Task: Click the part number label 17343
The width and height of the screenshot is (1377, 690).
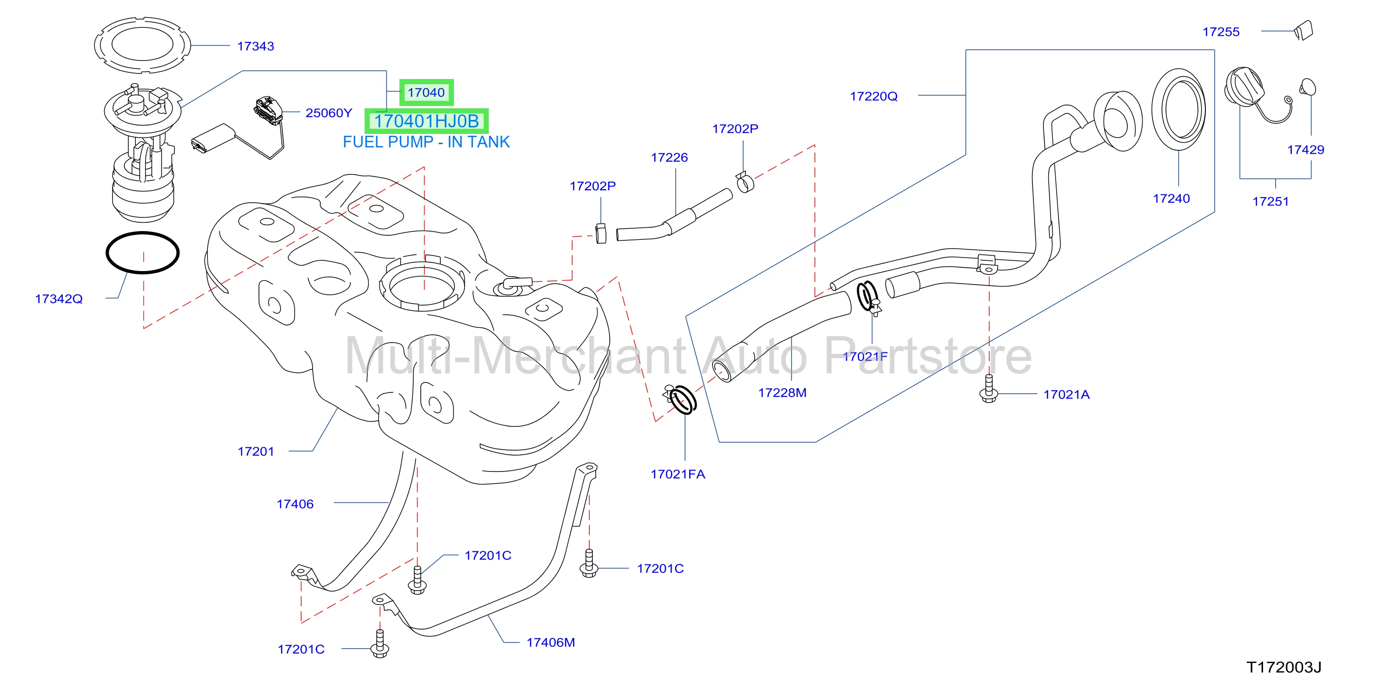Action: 255,46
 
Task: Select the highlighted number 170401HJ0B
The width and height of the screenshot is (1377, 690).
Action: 426,121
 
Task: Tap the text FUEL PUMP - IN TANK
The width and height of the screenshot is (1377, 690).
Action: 426,142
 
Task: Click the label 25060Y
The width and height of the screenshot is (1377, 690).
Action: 329,113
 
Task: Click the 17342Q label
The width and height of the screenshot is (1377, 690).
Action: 59,299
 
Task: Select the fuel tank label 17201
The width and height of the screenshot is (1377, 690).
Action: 255,451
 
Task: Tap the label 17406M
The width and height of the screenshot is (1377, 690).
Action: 551,643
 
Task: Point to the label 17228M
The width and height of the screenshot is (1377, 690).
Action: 782,393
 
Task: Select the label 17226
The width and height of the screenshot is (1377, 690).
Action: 669,158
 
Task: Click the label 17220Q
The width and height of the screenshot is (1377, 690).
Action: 873,96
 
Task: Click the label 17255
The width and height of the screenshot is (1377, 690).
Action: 1221,32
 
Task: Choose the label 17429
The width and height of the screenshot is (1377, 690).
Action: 1305,150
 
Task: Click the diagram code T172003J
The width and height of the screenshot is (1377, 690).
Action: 1284,668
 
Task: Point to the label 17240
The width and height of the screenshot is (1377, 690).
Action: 1171,199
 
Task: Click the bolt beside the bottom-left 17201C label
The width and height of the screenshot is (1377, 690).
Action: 380,644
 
